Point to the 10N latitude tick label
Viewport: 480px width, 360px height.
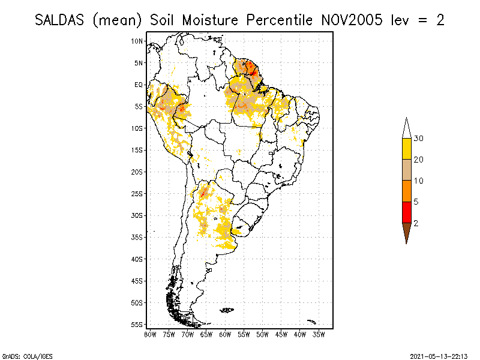pos(137,41)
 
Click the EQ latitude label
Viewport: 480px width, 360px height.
pos(139,85)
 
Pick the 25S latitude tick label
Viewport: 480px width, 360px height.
pos(137,193)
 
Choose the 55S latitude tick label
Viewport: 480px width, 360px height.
pos(137,324)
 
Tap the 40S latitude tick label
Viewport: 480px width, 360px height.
pos(137,259)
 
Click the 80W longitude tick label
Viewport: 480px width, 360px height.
pos(150,334)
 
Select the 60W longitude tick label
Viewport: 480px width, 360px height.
pos(225,334)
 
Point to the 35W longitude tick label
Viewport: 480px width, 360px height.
pos(319,334)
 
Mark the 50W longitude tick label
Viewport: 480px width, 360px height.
pos(262,334)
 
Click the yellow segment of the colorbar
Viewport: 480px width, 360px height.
pos(406,149)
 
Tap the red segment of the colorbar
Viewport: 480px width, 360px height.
pos(406,212)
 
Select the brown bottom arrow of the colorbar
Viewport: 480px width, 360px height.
pos(406,232)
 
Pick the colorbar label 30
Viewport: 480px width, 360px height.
pos(419,139)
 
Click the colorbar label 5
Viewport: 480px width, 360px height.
pos(416,202)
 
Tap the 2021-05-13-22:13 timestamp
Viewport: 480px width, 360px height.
pos(438,355)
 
